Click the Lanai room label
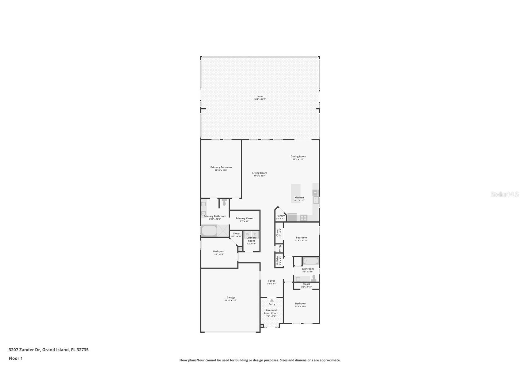[260, 96]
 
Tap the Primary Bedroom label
[221, 167]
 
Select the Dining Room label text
[298, 157]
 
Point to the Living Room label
[260, 173]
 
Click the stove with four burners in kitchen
[303, 218]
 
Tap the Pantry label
[280, 216]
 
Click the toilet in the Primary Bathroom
[224, 203]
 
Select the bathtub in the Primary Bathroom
[209, 231]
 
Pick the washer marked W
[248, 235]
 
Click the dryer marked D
[255, 235]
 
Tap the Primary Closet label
[245, 218]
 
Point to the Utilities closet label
[278, 260]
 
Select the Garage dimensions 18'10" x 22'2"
[231, 300]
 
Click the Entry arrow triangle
[271, 300]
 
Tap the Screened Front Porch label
[271, 312]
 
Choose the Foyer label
[271, 281]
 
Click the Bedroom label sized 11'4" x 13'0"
[301, 304]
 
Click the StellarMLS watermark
[505, 194]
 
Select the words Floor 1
[16, 358]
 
